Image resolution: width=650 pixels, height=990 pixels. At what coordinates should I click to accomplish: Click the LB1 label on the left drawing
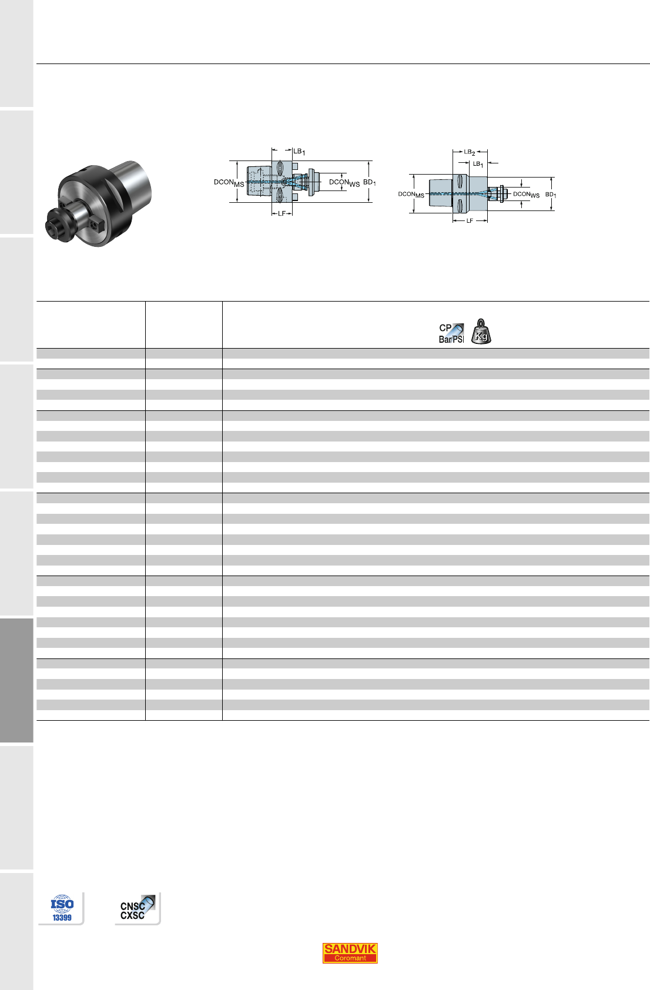(299, 152)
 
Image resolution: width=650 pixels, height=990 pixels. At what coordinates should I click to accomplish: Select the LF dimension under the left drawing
(282, 213)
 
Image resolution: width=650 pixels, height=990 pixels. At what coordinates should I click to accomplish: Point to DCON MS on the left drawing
(229, 183)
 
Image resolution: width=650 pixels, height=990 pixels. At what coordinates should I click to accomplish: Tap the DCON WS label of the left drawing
(344, 183)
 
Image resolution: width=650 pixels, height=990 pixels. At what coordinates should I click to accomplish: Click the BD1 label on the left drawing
(370, 182)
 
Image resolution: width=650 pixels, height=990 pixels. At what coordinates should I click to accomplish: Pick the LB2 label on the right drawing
(469, 152)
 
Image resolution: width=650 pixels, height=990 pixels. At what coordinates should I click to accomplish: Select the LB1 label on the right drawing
(478, 164)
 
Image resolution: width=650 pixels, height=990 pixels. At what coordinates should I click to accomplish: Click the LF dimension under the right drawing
(470, 220)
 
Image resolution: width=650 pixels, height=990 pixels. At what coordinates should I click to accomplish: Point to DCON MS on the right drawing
(411, 195)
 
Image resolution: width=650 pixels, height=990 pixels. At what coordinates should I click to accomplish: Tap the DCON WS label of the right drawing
(526, 195)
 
